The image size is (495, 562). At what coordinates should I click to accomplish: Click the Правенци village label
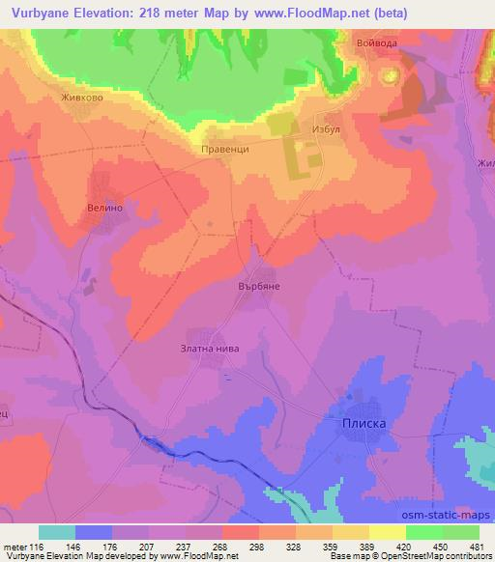click(224, 151)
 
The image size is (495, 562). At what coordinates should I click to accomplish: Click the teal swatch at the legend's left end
click(57, 532)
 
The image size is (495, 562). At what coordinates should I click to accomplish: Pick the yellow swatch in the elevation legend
click(386, 532)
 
